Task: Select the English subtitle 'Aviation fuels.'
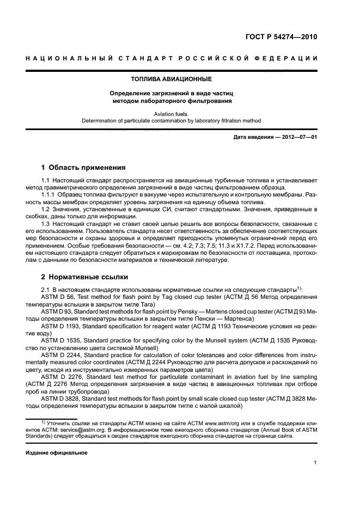click(172, 114)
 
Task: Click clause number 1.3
click(46, 224)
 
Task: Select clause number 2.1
click(46, 289)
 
